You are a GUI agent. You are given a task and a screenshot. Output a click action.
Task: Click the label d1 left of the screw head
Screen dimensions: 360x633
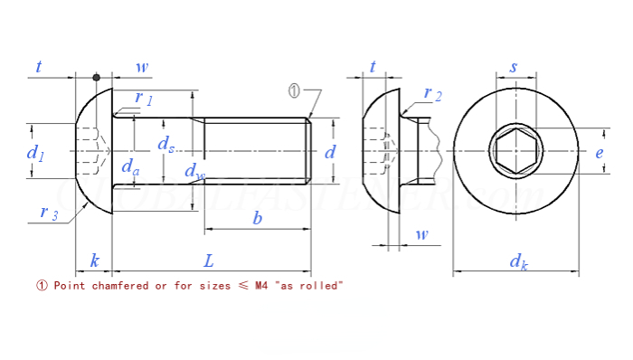pyautogui.click(x=35, y=153)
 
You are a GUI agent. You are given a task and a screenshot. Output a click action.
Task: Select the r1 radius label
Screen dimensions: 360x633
pyautogui.click(x=144, y=98)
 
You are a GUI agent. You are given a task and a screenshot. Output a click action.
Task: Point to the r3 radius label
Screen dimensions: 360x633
pyautogui.click(x=49, y=213)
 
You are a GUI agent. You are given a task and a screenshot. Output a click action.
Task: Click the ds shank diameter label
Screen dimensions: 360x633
pyautogui.click(x=165, y=144)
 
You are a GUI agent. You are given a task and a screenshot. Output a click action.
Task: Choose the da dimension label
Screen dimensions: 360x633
pyautogui.click(x=131, y=167)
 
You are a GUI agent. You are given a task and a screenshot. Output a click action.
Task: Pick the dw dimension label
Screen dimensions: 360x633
pyautogui.click(x=194, y=171)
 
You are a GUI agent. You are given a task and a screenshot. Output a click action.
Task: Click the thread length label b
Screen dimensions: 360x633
pyautogui.click(x=258, y=218)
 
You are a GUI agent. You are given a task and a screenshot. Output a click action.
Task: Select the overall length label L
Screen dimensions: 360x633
pyautogui.click(x=209, y=261)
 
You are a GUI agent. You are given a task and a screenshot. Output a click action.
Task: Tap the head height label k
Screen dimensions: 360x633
pyautogui.click(x=94, y=261)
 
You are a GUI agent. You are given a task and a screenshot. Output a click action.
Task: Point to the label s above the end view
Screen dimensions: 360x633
pyautogui.click(x=514, y=67)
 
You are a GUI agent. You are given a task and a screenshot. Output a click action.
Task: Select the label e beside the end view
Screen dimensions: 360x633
pyautogui.click(x=599, y=153)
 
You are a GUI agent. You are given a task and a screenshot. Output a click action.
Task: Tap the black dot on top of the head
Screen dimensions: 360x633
pyautogui.click(x=97, y=77)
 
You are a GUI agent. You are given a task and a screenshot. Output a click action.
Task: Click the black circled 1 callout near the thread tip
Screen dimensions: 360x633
pyautogui.click(x=294, y=90)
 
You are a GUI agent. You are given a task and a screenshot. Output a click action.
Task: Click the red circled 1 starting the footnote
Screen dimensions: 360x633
pyautogui.click(x=41, y=286)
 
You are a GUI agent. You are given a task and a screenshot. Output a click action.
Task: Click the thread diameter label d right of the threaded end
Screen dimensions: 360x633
pyautogui.click(x=330, y=152)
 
